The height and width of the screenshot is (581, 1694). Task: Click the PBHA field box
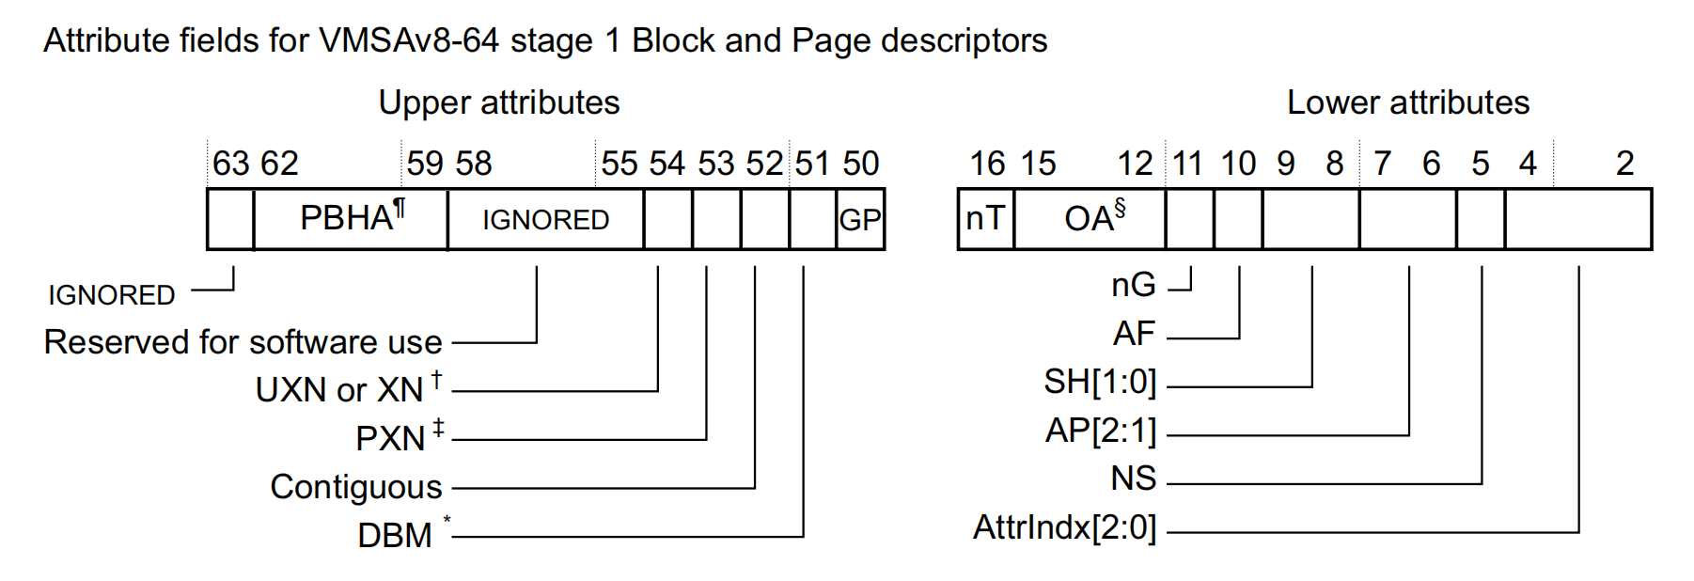pyautogui.click(x=351, y=219)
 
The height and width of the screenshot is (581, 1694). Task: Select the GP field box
pyautogui.click(x=860, y=220)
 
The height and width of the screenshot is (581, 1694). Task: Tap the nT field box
pyautogui.click(x=986, y=219)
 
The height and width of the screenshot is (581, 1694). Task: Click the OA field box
pyautogui.click(x=1090, y=219)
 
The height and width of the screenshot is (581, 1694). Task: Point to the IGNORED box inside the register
pyautogui.click(x=545, y=220)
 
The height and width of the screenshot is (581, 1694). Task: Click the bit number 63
pyautogui.click(x=230, y=164)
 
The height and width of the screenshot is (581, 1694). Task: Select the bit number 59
pyautogui.click(x=425, y=164)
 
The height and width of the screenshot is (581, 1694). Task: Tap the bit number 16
pyautogui.click(x=987, y=164)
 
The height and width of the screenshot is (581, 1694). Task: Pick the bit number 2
pyautogui.click(x=1624, y=164)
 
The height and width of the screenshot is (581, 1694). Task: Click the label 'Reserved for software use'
pyautogui.click(x=243, y=342)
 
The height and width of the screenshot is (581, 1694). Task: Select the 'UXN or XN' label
pyautogui.click(x=339, y=390)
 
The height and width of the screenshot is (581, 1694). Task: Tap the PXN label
pyautogui.click(x=390, y=439)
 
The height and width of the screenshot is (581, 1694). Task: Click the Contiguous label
pyautogui.click(x=355, y=487)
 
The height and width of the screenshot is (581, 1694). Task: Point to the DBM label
pyautogui.click(x=395, y=536)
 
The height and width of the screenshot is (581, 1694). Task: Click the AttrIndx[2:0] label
pyautogui.click(x=1064, y=527)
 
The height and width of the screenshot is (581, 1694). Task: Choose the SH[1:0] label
pyautogui.click(x=1099, y=382)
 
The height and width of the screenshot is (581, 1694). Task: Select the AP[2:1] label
pyautogui.click(x=1100, y=431)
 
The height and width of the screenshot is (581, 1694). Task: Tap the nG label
pyautogui.click(x=1133, y=285)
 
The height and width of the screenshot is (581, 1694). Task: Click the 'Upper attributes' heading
pyautogui.click(x=498, y=102)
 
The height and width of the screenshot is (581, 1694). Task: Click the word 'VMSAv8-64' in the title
pyautogui.click(x=408, y=40)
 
